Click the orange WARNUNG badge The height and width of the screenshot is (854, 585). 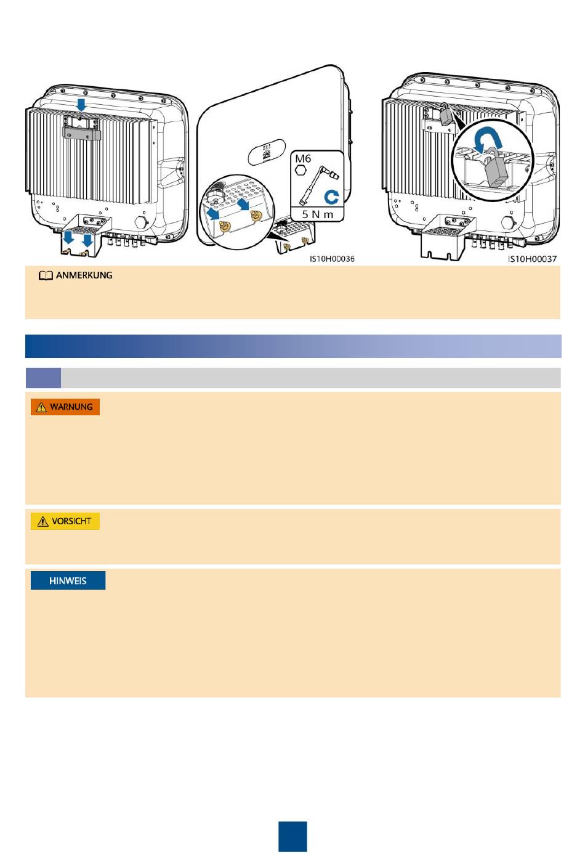[x=65, y=407]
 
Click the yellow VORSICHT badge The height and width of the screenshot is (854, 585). [x=65, y=521]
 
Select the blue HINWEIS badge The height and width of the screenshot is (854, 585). [x=68, y=580]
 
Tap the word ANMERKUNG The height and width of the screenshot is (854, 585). [x=84, y=275]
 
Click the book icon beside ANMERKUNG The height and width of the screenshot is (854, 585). [x=46, y=276]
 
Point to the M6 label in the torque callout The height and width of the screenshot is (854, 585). [x=303, y=159]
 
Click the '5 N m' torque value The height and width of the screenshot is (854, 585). [x=317, y=214]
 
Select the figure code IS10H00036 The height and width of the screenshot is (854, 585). [x=332, y=259]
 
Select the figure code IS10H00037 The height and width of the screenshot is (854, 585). [x=532, y=259]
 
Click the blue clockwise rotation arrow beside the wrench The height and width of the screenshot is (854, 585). [x=331, y=197]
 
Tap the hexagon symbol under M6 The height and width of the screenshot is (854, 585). [x=301, y=170]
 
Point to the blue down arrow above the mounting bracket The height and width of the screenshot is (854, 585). [x=81, y=105]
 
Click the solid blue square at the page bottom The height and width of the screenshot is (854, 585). [x=292, y=836]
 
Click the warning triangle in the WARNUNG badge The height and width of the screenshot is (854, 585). [x=41, y=407]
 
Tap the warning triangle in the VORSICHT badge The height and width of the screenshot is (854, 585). [x=42, y=522]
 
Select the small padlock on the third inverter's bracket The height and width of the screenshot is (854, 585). [x=444, y=115]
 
